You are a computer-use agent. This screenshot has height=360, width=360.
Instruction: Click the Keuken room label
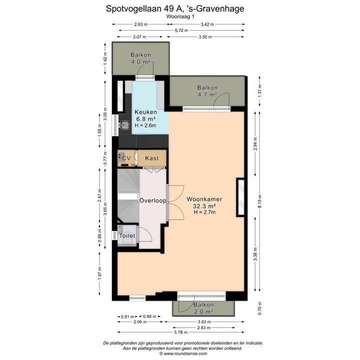click(146, 112)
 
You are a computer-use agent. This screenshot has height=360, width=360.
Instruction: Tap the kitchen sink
click(124, 125)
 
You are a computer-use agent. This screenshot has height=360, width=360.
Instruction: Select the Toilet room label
click(127, 236)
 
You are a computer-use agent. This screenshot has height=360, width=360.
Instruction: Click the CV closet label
click(126, 158)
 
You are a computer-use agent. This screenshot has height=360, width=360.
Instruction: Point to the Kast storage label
click(152, 158)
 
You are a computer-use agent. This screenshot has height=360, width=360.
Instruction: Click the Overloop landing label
click(153, 200)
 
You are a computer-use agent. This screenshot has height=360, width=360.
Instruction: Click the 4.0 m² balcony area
click(140, 62)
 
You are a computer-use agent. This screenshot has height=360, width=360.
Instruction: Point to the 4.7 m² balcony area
click(207, 94)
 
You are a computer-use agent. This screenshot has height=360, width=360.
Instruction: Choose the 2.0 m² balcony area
click(203, 312)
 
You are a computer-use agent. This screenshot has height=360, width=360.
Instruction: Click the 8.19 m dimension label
click(259, 201)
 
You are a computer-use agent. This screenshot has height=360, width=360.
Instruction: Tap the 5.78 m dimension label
click(181, 332)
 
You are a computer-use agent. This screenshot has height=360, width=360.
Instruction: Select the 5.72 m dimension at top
click(181, 30)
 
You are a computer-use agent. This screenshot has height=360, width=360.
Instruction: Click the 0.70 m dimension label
click(259, 308)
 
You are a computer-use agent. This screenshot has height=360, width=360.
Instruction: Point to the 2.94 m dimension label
click(255, 143)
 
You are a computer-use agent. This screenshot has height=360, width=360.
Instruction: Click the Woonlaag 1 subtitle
click(180, 16)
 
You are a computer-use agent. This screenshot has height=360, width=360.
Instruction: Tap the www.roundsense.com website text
click(185, 354)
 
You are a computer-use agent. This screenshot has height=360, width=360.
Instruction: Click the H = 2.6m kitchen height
click(145, 125)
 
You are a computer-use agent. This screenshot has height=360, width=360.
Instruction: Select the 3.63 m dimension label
click(204, 322)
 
